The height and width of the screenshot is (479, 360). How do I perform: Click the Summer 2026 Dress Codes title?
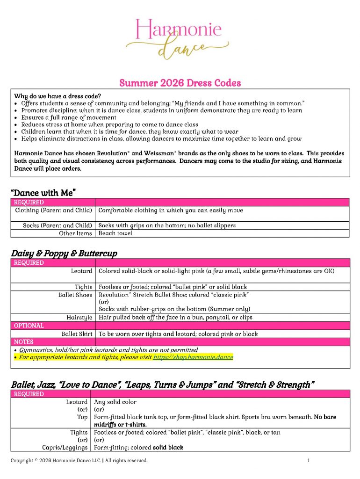(x=180, y=83)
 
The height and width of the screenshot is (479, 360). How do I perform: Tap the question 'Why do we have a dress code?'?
(x=58, y=96)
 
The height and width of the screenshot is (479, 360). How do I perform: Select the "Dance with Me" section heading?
(x=43, y=193)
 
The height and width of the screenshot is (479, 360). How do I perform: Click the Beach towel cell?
(x=115, y=233)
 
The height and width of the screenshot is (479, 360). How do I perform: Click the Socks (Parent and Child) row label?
(x=58, y=225)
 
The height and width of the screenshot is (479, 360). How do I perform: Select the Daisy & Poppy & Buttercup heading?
(x=64, y=253)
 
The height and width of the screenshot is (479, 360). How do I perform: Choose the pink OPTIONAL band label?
(x=29, y=326)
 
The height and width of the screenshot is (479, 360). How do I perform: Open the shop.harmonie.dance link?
(x=193, y=357)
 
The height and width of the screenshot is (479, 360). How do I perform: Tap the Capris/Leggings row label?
(x=65, y=448)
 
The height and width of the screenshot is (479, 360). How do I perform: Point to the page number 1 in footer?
(x=309, y=461)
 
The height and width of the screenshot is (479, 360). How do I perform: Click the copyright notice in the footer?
(x=79, y=461)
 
